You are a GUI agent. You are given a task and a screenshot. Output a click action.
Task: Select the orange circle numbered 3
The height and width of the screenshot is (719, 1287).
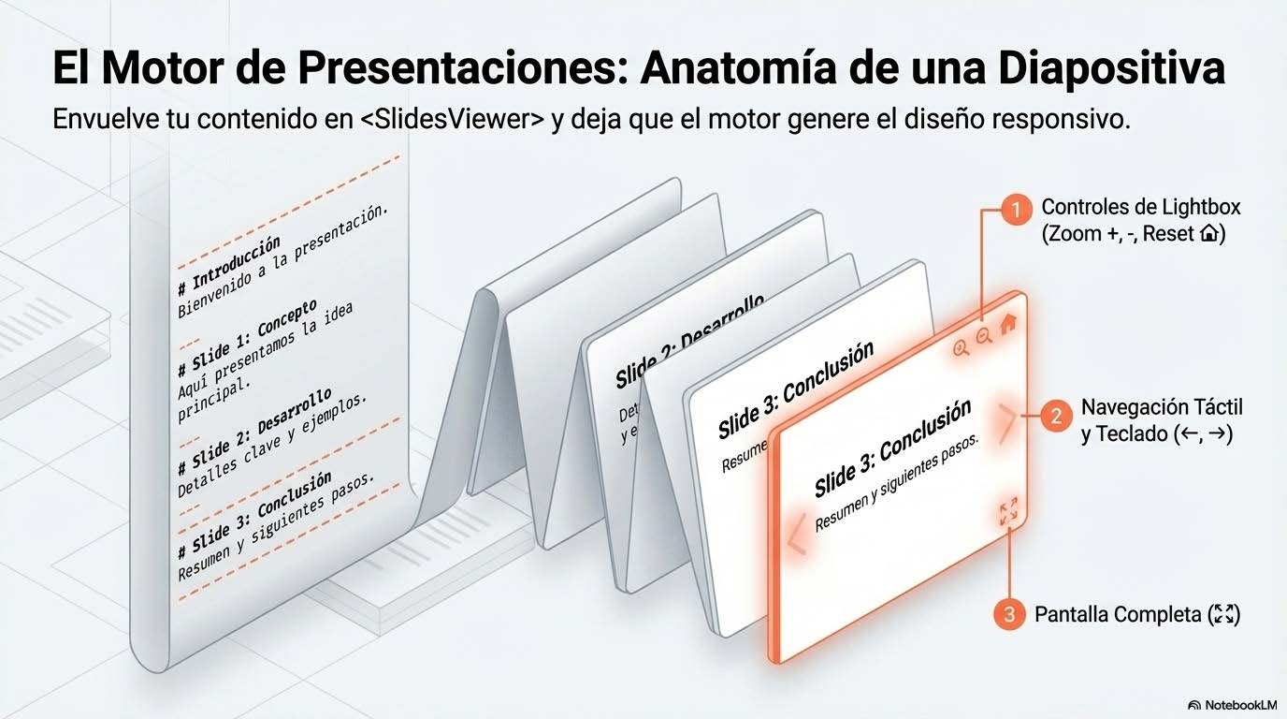pyautogui.click(x=1008, y=614)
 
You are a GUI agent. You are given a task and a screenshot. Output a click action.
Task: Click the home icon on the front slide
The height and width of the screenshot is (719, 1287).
pyautogui.click(x=1007, y=325)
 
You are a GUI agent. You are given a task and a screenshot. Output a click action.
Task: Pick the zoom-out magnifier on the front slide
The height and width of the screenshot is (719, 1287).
pyautogui.click(x=984, y=337)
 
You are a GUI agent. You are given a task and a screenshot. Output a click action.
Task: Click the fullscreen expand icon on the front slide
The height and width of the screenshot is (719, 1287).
pyautogui.click(x=1008, y=512)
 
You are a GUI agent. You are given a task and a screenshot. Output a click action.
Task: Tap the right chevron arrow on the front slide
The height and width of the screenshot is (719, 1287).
pyautogui.click(x=1006, y=424)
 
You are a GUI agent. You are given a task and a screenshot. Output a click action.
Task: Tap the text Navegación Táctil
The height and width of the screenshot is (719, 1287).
pyautogui.click(x=1162, y=408)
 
